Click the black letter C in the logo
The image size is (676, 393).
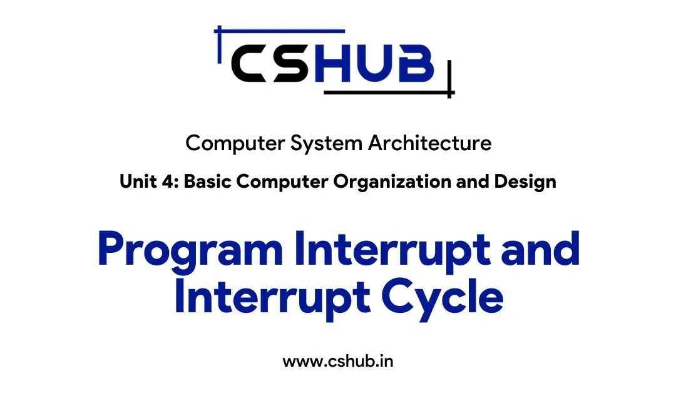pos(253,64)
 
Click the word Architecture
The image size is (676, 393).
pos(429,143)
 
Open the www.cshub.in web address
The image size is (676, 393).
pos(338,361)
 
